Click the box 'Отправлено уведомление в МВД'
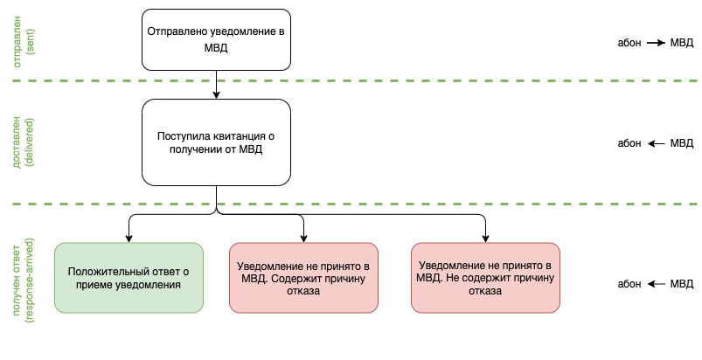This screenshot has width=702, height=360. (215, 39)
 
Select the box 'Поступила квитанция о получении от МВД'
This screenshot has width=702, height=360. (215, 142)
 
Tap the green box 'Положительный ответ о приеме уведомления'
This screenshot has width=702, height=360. (129, 277)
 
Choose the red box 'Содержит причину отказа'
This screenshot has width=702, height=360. (302, 277)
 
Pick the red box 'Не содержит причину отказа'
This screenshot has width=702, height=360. (484, 277)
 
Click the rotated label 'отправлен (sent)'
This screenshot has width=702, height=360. (24, 39)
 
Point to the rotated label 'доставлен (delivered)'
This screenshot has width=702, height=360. (24, 142)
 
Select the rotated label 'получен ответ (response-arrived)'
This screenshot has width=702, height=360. (24, 277)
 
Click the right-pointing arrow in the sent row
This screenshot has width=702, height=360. (657, 42)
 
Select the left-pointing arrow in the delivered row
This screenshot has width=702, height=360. (657, 143)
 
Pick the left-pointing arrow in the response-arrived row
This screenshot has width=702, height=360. (657, 284)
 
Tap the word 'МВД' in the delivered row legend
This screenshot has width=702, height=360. (682, 143)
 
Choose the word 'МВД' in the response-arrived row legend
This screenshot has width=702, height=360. (682, 284)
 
